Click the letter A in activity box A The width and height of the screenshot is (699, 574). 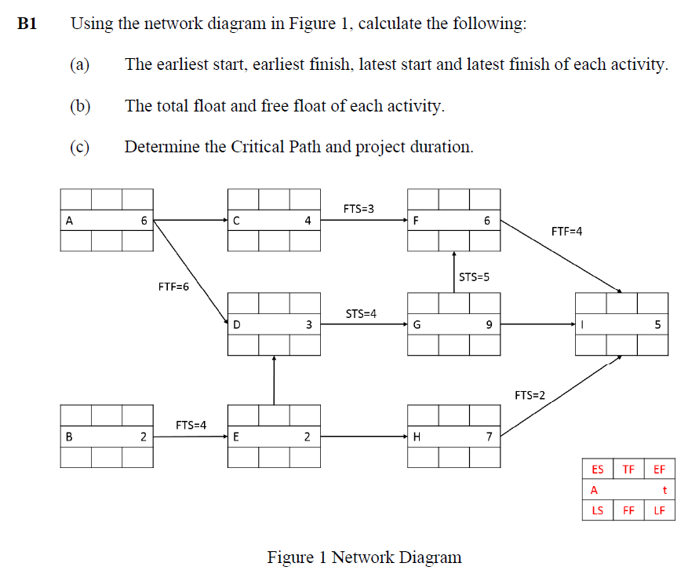pos(69,221)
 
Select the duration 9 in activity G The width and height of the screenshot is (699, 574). pos(489,324)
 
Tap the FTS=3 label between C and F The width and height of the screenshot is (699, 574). pos(359,208)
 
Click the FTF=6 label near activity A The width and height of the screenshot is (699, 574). pos(173,287)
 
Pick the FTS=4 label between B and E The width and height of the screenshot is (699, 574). pos(191,425)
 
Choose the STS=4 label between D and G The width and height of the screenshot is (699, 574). pos(361,313)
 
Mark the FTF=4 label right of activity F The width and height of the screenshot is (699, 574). pos(567,231)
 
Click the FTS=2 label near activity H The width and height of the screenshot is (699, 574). pos(530,394)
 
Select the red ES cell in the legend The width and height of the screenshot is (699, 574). pos(598,470)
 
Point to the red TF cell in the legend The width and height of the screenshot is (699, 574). pos(628,470)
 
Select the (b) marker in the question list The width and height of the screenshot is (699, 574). pos(81,105)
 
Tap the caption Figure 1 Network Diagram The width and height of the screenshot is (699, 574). pos(364,557)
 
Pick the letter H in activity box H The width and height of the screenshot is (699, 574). pos(417,437)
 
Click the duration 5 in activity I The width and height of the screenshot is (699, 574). pos(657,324)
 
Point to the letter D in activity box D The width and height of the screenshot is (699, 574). pos(236,324)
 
